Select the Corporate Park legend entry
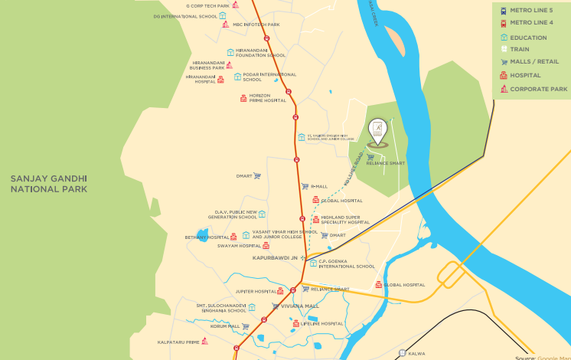point(538,89)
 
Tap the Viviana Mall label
point(299,306)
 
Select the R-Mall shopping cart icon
point(305,186)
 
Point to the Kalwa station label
point(416,353)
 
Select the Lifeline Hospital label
point(321,324)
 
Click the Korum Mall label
point(225,326)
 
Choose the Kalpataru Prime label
point(178,342)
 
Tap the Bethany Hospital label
point(207,237)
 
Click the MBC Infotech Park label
point(256,25)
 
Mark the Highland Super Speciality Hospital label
point(344,220)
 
